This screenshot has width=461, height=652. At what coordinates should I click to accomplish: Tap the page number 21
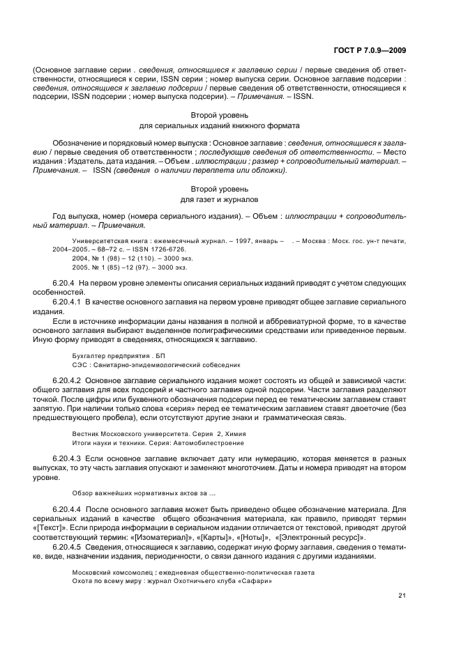tap(402, 594)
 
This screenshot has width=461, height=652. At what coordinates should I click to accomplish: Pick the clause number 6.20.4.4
tap(68, 509)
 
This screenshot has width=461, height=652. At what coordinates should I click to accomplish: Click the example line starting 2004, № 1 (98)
tap(128, 258)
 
